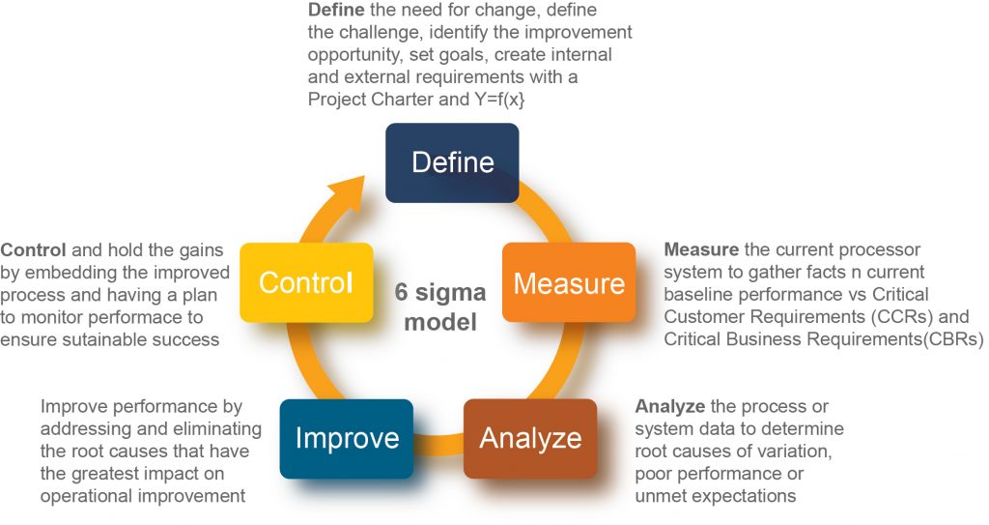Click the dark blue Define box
[x=452, y=162]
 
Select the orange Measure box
[x=569, y=282]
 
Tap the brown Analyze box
[x=530, y=438]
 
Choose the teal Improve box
[x=347, y=438]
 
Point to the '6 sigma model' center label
[x=439, y=306]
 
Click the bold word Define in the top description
[x=336, y=11]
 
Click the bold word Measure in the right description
[x=700, y=250]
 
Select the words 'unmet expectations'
[x=715, y=496]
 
